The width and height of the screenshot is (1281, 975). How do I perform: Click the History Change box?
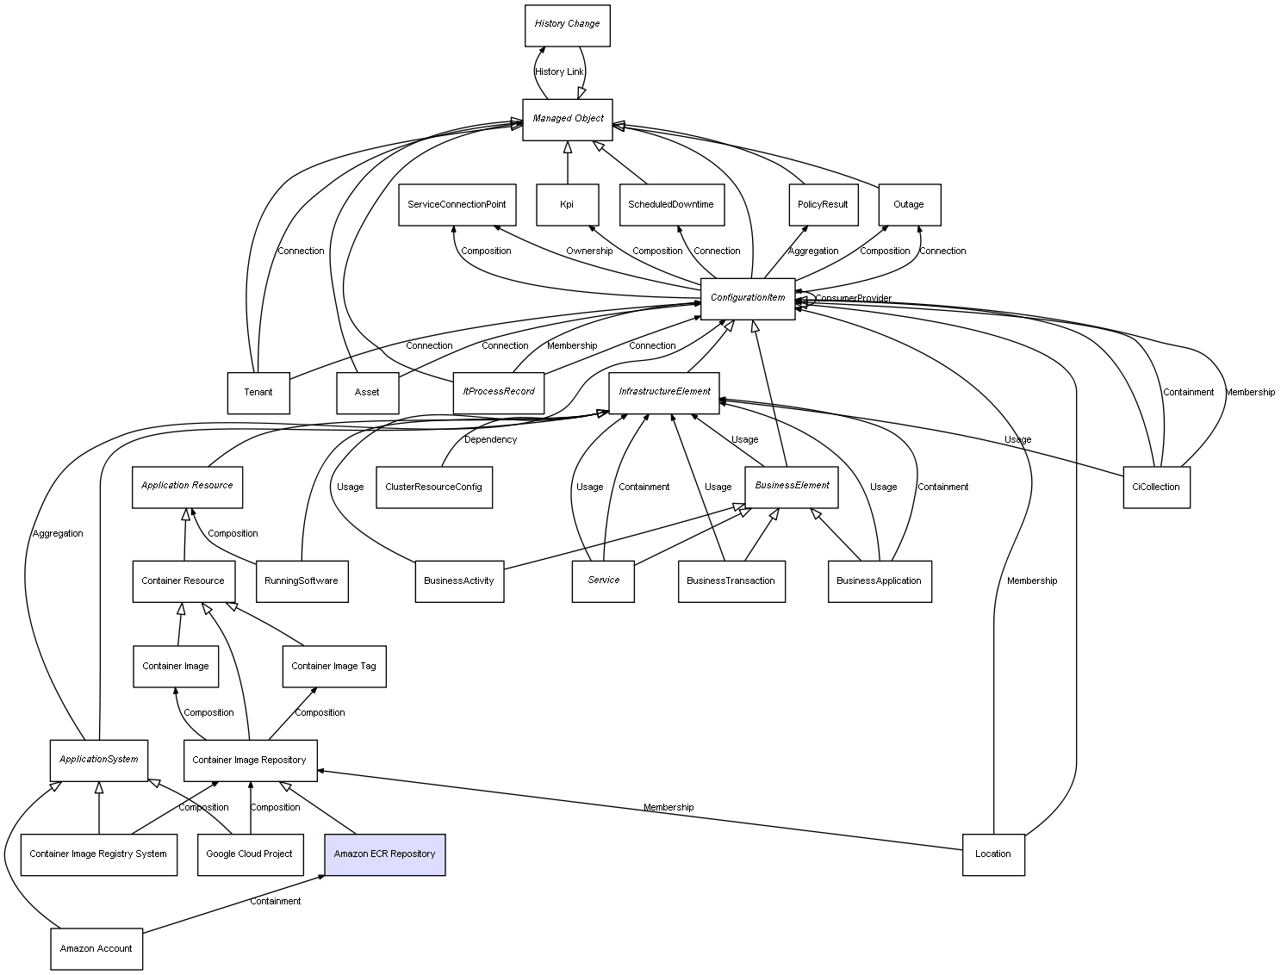567,25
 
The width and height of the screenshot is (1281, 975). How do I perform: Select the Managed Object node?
567,119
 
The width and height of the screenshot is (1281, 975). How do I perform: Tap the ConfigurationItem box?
747,298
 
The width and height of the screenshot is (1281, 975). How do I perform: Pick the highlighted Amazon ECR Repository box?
384,854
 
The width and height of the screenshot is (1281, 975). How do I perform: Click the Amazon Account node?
96,948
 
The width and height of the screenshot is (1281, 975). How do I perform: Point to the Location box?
992,854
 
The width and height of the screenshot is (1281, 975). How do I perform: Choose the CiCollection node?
1155,487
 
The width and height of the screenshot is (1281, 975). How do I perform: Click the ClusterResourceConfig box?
433,487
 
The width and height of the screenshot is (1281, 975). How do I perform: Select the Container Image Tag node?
333,666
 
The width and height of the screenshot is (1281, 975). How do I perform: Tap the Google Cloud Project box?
250,854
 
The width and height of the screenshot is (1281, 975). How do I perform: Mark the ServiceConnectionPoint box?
457,205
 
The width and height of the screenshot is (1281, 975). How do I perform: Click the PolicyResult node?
823,205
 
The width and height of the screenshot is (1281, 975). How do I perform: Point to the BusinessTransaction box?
731,581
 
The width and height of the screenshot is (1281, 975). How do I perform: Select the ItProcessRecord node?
498,392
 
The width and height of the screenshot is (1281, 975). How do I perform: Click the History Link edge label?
559,71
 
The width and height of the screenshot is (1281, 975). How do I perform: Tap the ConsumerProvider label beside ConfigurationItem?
853,298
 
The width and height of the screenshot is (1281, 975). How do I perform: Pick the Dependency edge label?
490,439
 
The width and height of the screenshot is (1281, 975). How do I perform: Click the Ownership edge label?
589,251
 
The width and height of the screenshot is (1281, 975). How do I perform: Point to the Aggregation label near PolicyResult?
812,251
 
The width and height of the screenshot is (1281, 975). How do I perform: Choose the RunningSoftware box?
301,581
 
